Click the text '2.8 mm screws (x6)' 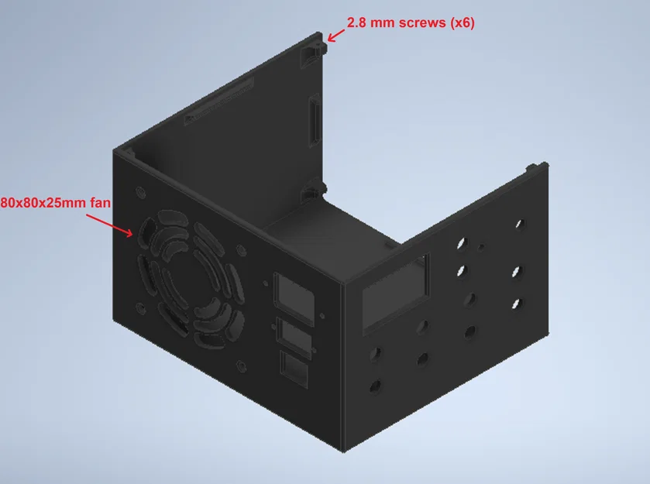(411, 23)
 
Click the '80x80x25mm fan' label (57, 202)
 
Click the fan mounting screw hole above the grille (140, 191)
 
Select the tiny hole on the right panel (482, 248)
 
